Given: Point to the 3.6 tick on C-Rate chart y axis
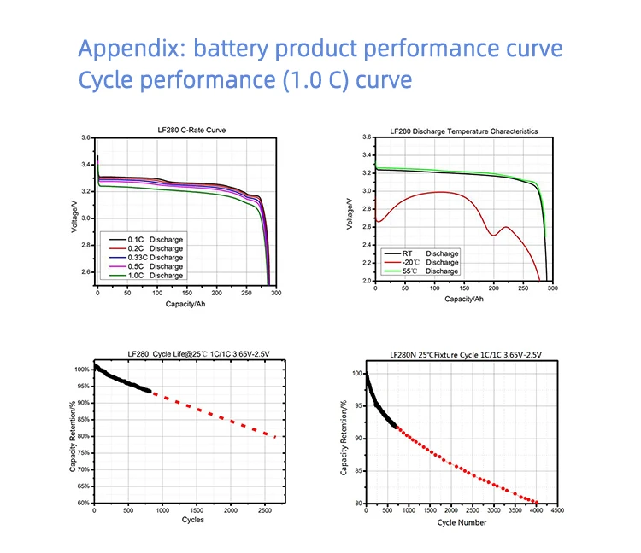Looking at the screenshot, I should coord(86,137).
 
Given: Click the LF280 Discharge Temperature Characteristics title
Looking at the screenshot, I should coord(463,131).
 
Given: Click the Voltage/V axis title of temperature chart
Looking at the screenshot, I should coord(350,210).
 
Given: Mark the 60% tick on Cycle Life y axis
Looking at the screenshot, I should coord(80,504).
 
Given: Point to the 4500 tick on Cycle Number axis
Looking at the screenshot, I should coord(557,511).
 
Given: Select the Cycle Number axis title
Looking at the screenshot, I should coord(462,521).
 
